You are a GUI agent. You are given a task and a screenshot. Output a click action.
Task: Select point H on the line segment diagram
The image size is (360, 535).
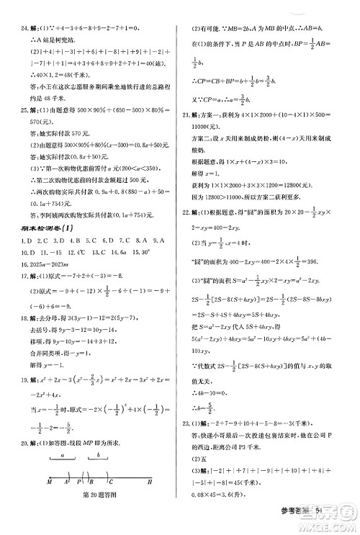[x=150, y=502]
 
